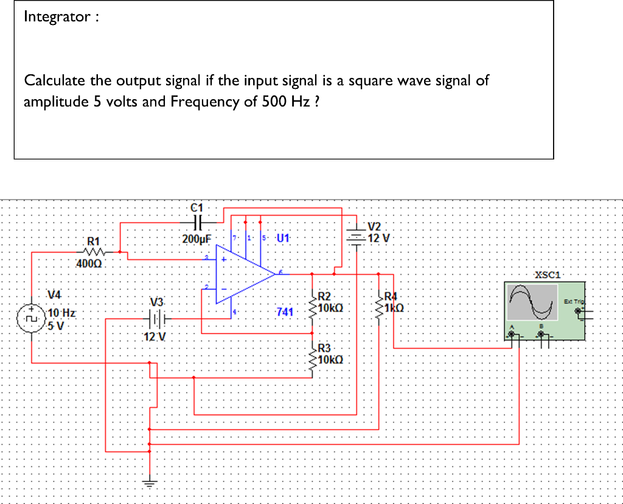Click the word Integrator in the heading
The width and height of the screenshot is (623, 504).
click(x=57, y=16)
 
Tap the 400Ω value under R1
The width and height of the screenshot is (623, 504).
click(x=90, y=264)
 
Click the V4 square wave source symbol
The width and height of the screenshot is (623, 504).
click(x=31, y=318)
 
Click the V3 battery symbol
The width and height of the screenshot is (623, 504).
click(x=157, y=317)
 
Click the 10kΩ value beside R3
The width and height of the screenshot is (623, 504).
click(x=331, y=360)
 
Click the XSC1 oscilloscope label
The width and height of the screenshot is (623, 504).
click(x=547, y=275)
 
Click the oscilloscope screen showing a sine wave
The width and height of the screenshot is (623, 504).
click(x=532, y=303)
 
